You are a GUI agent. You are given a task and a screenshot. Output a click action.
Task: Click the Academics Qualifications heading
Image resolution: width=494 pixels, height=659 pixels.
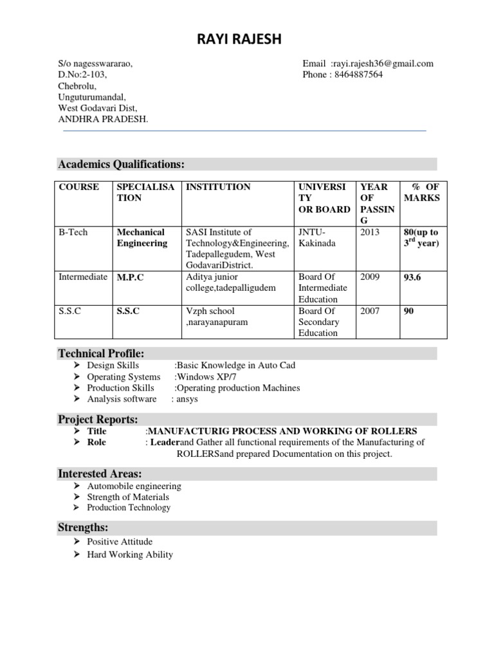coord(122,165)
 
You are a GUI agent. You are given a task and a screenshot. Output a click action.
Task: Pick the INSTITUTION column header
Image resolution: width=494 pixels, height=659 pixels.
coord(218,187)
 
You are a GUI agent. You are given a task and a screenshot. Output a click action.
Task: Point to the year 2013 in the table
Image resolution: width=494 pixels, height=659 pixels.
coord(370,232)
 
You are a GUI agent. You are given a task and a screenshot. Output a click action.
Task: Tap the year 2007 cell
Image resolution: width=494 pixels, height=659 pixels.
coord(370,311)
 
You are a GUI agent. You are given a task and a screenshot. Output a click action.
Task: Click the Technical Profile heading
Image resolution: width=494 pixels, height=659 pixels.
coord(101,353)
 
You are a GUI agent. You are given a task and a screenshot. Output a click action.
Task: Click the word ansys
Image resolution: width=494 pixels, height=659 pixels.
coord(188,399)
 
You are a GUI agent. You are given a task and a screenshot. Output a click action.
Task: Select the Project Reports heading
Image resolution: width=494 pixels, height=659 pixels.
coord(98,420)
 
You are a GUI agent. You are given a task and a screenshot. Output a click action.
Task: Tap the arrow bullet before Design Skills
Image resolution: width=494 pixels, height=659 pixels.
coord(77,366)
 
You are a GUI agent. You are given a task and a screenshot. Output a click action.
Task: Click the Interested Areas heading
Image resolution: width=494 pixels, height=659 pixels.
coord(100,474)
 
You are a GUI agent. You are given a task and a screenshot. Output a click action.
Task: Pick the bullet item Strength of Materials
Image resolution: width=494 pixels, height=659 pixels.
coord(128,497)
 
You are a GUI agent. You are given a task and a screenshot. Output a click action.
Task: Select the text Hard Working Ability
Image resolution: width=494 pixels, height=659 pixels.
coord(130,554)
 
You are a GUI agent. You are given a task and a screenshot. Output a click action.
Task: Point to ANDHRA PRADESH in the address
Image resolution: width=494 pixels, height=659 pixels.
coord(103,119)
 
